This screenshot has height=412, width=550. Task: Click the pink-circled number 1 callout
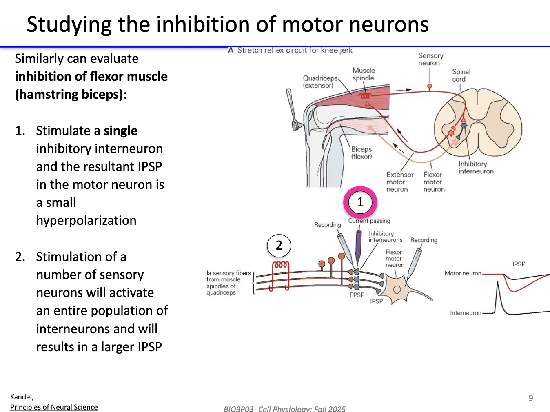click(x=360, y=202)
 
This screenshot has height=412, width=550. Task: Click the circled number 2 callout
click(x=279, y=246)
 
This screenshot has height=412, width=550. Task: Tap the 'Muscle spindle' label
click(x=363, y=74)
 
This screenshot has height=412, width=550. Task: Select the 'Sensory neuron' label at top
click(x=430, y=59)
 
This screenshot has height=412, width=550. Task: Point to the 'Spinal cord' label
click(x=461, y=75)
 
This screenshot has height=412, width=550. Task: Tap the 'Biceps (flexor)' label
click(x=361, y=153)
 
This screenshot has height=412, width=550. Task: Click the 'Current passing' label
click(x=369, y=221)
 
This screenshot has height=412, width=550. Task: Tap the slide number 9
click(x=530, y=398)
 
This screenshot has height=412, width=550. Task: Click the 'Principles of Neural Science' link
click(x=54, y=407)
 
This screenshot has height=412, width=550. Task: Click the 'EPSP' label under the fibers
click(x=357, y=295)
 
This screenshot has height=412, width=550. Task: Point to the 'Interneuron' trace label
click(x=466, y=313)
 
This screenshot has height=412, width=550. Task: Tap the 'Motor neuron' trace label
click(x=463, y=273)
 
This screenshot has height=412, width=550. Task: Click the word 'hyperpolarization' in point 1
click(x=86, y=221)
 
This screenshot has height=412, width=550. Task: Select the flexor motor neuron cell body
click(x=396, y=289)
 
